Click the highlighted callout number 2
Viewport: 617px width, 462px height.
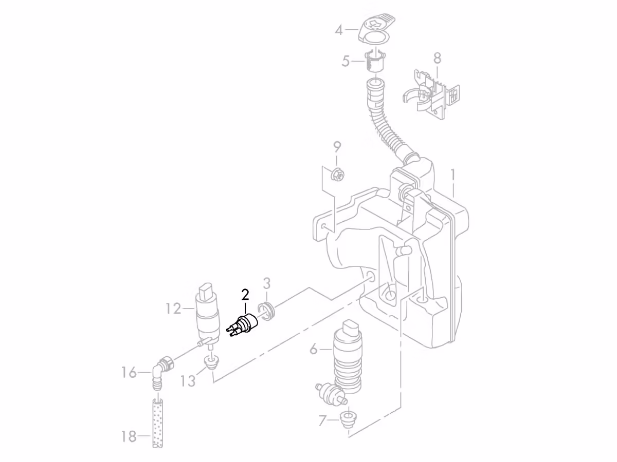click(245, 295)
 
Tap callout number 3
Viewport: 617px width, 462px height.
click(267, 283)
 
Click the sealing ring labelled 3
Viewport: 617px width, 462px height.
click(267, 312)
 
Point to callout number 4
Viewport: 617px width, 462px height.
click(339, 30)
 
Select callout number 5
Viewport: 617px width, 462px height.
click(346, 62)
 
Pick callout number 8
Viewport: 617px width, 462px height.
click(437, 59)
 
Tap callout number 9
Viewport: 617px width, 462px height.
click(337, 147)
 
